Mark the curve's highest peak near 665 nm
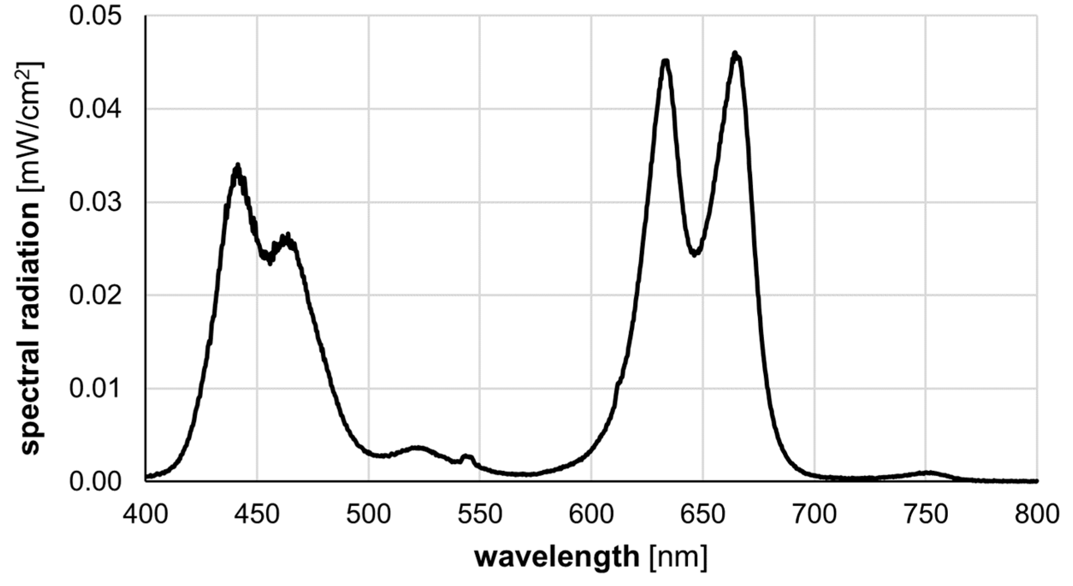[x=735, y=54]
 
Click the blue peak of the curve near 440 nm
[x=238, y=167]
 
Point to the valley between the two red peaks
[x=694, y=253]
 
